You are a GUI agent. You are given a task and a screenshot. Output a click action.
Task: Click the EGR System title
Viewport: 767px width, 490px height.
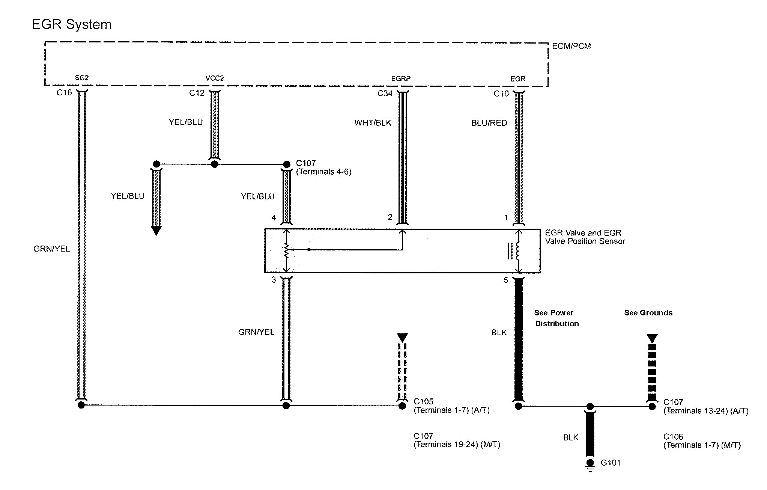tap(72, 25)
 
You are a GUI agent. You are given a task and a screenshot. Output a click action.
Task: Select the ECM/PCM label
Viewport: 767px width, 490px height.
tap(571, 46)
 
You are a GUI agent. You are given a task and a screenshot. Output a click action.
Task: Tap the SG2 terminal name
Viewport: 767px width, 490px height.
tap(82, 78)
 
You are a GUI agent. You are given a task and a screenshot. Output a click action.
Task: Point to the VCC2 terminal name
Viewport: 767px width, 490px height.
tap(215, 78)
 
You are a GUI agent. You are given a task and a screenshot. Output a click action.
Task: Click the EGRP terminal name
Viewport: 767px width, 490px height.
tap(401, 78)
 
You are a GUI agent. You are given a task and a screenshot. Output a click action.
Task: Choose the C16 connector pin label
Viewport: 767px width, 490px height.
tap(64, 92)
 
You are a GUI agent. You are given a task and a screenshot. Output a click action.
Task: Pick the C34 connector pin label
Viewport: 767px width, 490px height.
tap(385, 93)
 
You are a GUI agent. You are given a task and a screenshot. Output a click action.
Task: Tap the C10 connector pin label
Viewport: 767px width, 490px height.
tap(501, 93)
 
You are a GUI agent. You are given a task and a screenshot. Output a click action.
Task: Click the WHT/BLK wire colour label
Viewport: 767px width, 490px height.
tap(373, 123)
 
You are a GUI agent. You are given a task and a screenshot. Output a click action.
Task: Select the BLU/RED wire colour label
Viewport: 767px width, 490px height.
tap(489, 123)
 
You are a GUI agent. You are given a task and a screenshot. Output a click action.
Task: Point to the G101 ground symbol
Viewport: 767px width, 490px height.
tap(590, 466)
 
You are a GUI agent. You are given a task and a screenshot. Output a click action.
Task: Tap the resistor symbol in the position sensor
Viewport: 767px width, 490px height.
tap(286, 250)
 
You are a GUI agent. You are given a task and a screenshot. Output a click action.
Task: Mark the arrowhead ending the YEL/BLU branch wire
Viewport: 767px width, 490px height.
tap(156, 231)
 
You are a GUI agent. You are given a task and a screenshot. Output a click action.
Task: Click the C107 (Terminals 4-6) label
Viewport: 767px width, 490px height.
tap(323, 167)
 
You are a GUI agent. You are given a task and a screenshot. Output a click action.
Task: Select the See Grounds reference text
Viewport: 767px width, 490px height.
tap(648, 313)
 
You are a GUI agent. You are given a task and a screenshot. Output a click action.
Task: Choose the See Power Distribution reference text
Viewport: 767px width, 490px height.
tap(556, 318)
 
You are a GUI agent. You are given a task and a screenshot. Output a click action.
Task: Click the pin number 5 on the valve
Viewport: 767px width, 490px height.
tap(506, 280)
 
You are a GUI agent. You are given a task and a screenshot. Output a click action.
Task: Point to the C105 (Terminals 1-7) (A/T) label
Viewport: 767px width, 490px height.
tap(452, 406)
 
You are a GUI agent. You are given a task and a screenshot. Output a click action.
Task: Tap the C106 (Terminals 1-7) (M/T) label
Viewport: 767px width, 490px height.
tap(702, 441)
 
